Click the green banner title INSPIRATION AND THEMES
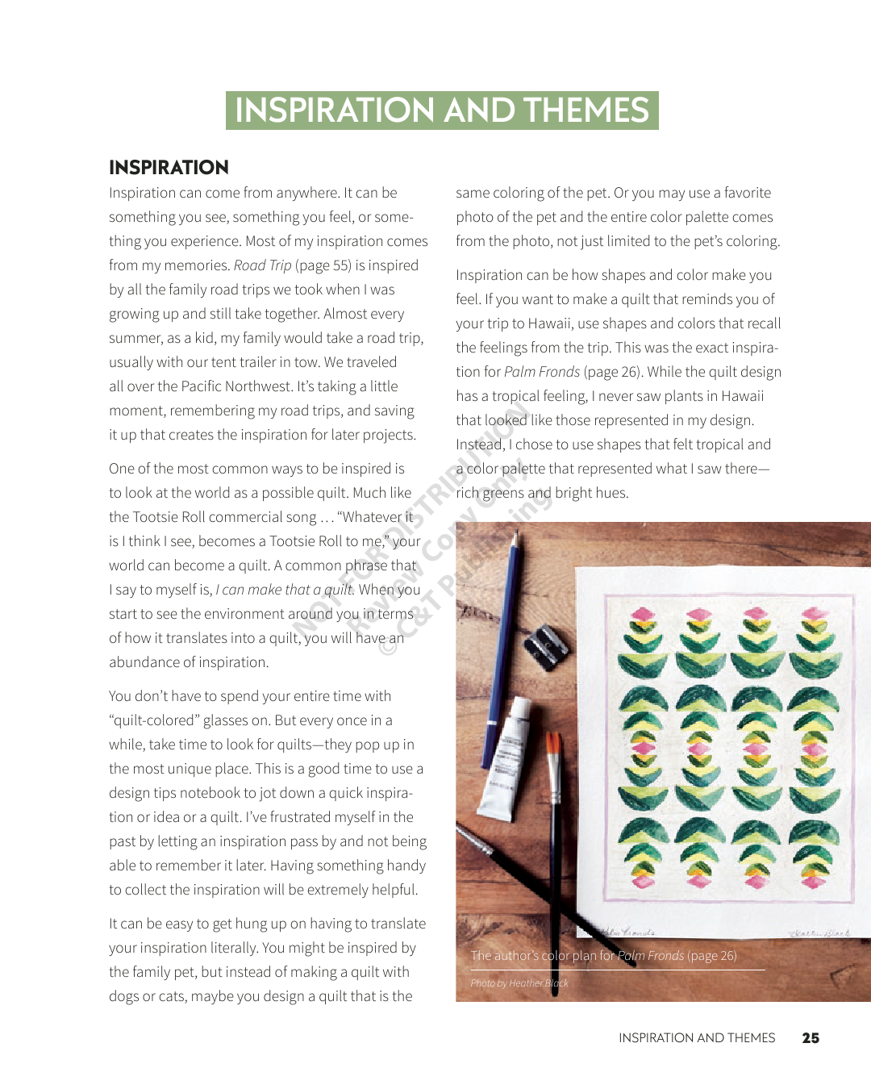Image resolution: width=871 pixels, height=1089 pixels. (442, 111)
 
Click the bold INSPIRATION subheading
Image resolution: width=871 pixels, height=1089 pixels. (169, 167)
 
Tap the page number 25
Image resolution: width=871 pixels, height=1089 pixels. (811, 1038)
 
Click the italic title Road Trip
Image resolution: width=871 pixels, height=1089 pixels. (262, 265)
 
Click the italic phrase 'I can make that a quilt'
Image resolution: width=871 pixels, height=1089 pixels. (285, 590)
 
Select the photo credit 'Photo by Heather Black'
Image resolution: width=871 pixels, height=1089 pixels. (519, 983)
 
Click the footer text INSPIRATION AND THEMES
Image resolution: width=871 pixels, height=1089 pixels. (697, 1038)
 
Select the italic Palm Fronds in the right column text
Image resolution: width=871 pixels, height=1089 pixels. (542, 372)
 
